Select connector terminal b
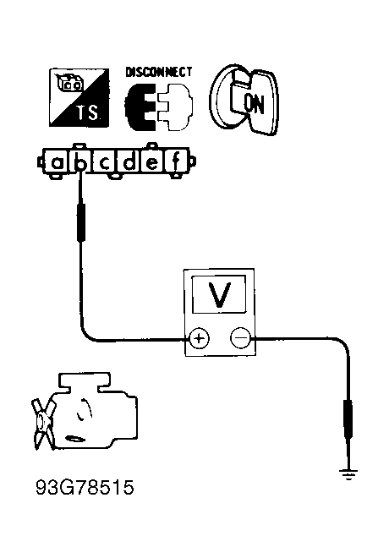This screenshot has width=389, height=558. click(x=80, y=162)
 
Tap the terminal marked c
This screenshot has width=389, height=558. click(x=104, y=163)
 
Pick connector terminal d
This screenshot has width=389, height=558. click(x=130, y=162)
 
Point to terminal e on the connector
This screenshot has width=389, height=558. click(x=151, y=163)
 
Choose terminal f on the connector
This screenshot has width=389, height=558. click(x=175, y=162)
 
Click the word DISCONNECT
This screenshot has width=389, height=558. click(x=159, y=72)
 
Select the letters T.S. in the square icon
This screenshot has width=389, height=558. click(x=88, y=112)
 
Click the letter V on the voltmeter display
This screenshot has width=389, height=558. click(x=219, y=294)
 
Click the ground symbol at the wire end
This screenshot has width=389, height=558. click(x=348, y=474)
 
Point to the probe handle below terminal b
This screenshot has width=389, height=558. click(x=81, y=222)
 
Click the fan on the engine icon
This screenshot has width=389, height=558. click(x=43, y=423)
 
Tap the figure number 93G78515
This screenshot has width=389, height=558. click(x=85, y=487)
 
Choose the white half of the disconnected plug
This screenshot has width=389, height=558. click(x=175, y=107)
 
